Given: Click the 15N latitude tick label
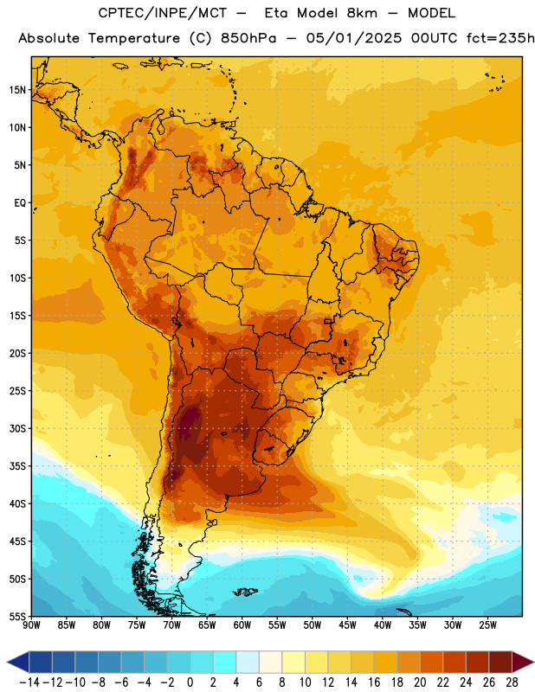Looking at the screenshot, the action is (17, 90).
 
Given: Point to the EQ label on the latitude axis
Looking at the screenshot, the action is (20, 203).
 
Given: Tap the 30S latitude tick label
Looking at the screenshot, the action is (17, 428).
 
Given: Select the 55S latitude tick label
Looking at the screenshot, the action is (17, 616).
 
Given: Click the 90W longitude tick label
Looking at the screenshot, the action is (31, 625).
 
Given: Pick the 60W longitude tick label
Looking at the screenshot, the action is (242, 625).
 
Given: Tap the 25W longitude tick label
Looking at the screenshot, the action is (487, 625).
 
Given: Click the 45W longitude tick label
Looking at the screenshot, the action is (347, 625).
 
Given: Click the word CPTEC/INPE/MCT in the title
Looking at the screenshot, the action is (163, 13).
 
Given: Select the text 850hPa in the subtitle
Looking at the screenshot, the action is (248, 38).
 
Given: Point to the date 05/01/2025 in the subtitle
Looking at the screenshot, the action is (354, 38).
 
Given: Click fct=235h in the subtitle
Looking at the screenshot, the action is (500, 38).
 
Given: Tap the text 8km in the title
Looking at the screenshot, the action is (362, 13).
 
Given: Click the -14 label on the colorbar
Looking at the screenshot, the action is (29, 682).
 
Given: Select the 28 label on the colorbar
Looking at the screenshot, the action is (512, 682).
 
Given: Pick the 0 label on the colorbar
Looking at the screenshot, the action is (190, 682).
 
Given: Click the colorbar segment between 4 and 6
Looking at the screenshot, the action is (248, 662).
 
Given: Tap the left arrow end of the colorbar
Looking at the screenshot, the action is (18, 662).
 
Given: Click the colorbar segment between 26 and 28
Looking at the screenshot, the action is (500, 662).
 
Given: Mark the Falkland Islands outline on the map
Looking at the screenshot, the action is (245, 592).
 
